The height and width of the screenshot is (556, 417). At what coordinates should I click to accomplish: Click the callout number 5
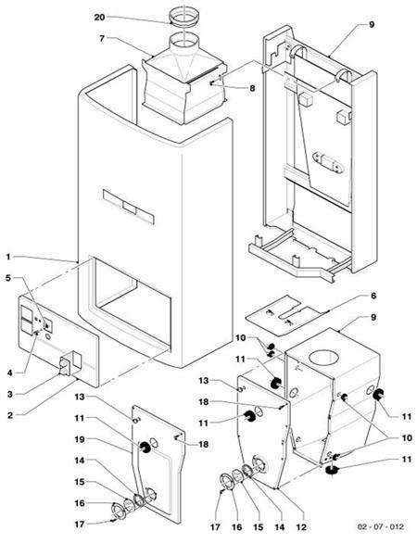[8, 277]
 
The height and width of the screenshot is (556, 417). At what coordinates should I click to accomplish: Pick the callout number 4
[8, 373]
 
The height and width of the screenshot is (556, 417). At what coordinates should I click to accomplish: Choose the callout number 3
[8, 394]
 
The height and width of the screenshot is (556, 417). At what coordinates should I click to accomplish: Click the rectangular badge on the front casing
[131, 206]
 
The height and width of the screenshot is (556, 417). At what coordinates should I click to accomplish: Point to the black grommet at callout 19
[146, 448]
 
